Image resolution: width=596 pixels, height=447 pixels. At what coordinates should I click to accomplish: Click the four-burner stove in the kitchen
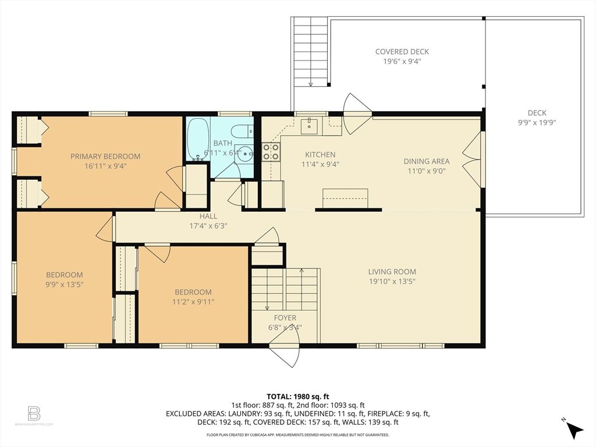(271, 152)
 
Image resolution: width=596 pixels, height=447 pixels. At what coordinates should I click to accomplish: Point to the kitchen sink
(309, 123)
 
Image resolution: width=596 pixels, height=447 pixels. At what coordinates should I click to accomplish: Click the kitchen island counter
(346, 197)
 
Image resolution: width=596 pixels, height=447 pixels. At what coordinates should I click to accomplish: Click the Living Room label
(392, 272)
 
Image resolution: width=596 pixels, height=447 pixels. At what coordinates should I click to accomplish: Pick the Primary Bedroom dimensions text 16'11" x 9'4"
(105, 166)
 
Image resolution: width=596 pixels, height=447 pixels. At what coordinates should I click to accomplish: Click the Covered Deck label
(402, 52)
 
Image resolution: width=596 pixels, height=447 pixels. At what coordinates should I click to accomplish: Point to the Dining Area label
(427, 161)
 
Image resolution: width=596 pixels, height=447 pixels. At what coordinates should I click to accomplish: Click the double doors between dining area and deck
(473, 159)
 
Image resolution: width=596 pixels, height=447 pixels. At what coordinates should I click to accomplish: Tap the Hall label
(208, 216)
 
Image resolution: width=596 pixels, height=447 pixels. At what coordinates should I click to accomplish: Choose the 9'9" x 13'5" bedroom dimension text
(65, 285)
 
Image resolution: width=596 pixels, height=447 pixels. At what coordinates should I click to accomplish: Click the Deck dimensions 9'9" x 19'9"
(537, 123)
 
